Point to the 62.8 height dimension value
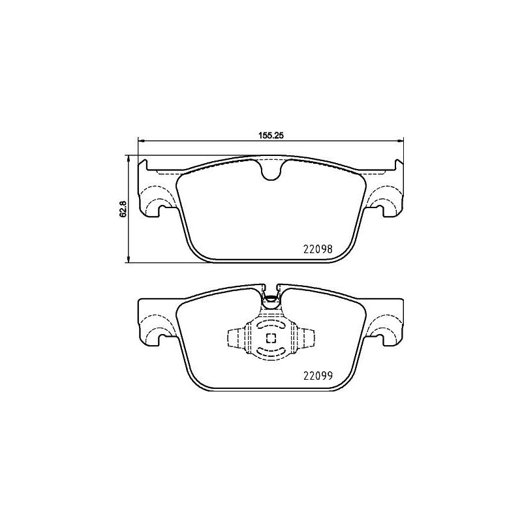[x=122, y=209]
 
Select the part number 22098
[x=318, y=249]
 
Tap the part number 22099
[x=318, y=375]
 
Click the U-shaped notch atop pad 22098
[x=270, y=171]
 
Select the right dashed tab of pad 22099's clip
[x=308, y=338]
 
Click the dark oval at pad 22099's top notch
[x=271, y=300]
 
